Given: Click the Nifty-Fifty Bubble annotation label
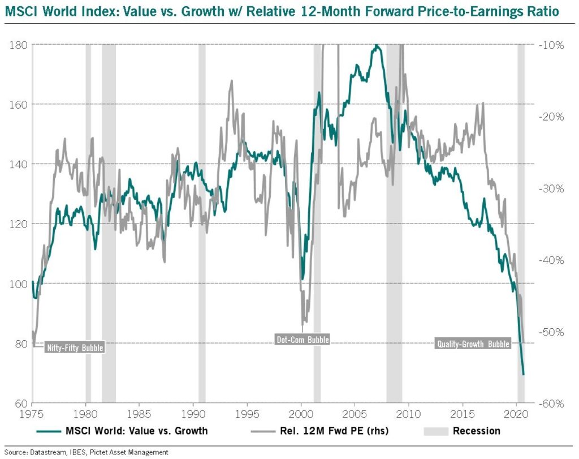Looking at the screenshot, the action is (75, 348).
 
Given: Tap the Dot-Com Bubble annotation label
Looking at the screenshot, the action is (303, 339).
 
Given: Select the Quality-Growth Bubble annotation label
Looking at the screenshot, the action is (473, 344).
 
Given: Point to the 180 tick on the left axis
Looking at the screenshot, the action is (18, 45).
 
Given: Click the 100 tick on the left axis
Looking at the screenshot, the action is (18, 284).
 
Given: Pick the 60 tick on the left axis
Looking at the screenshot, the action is (21, 403).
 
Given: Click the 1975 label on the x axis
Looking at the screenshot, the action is (32, 414).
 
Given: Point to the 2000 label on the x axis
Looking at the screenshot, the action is (301, 414).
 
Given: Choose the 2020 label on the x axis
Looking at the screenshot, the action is (516, 414).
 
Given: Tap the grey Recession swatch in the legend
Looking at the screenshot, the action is (436, 431).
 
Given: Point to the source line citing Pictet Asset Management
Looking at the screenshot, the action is (87, 452).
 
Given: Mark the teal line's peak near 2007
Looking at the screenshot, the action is (376, 45).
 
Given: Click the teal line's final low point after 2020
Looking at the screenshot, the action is (523, 374).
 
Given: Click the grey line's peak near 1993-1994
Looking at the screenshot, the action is (231, 80).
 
